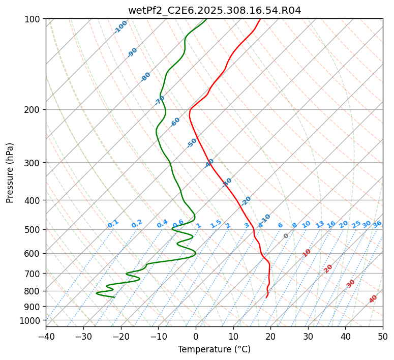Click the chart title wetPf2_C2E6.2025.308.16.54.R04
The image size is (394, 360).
[x=214, y=10]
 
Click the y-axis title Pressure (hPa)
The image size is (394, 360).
[x=10, y=173]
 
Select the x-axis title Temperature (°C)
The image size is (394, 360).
[x=214, y=349]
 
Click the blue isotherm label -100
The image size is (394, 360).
[x=121, y=26]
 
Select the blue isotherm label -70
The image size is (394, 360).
[x=160, y=100]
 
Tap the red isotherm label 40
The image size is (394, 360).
[x=373, y=299]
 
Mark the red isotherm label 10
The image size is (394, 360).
[x=307, y=253]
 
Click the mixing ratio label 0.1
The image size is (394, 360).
[x=113, y=224]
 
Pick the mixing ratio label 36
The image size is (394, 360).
[x=377, y=224]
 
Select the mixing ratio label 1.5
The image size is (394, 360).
[x=216, y=224]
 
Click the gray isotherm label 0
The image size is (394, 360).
[x=286, y=236]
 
